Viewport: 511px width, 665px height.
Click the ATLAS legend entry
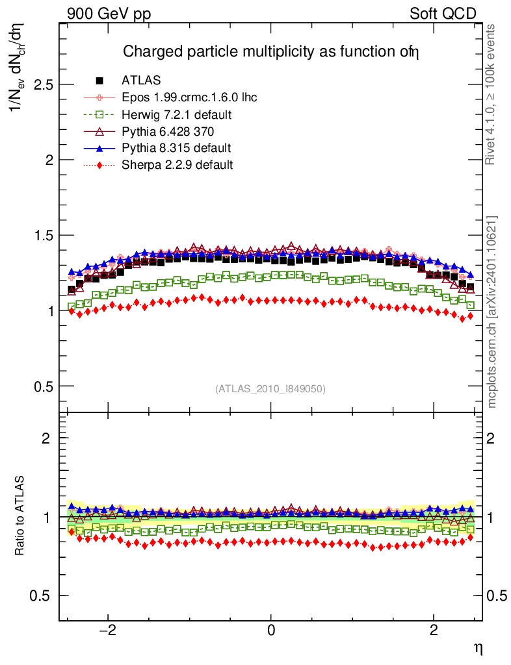pyautogui.click(x=141, y=81)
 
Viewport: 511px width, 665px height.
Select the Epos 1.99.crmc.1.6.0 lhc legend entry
pyautogui.click(x=189, y=97)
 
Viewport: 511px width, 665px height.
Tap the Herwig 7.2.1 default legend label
pyautogui.click(x=177, y=114)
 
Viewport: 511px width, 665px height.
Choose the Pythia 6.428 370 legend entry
pyautogui.click(x=168, y=131)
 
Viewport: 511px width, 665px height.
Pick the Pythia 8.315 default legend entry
pyautogui.click(x=176, y=148)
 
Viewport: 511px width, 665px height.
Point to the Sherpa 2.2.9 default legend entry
pyautogui.click(x=177, y=165)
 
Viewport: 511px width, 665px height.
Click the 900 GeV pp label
pyautogui.click(x=108, y=14)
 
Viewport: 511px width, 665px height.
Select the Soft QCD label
pyautogui.click(x=443, y=14)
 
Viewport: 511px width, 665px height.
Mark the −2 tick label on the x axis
pyautogui.click(x=106, y=631)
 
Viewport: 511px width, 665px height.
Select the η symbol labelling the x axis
pyautogui.click(x=477, y=647)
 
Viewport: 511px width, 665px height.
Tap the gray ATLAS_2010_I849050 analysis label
pyautogui.click(x=270, y=389)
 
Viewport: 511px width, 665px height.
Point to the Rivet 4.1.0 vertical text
pyautogui.click(x=491, y=94)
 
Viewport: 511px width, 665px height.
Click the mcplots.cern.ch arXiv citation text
pyautogui.click(x=491, y=312)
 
